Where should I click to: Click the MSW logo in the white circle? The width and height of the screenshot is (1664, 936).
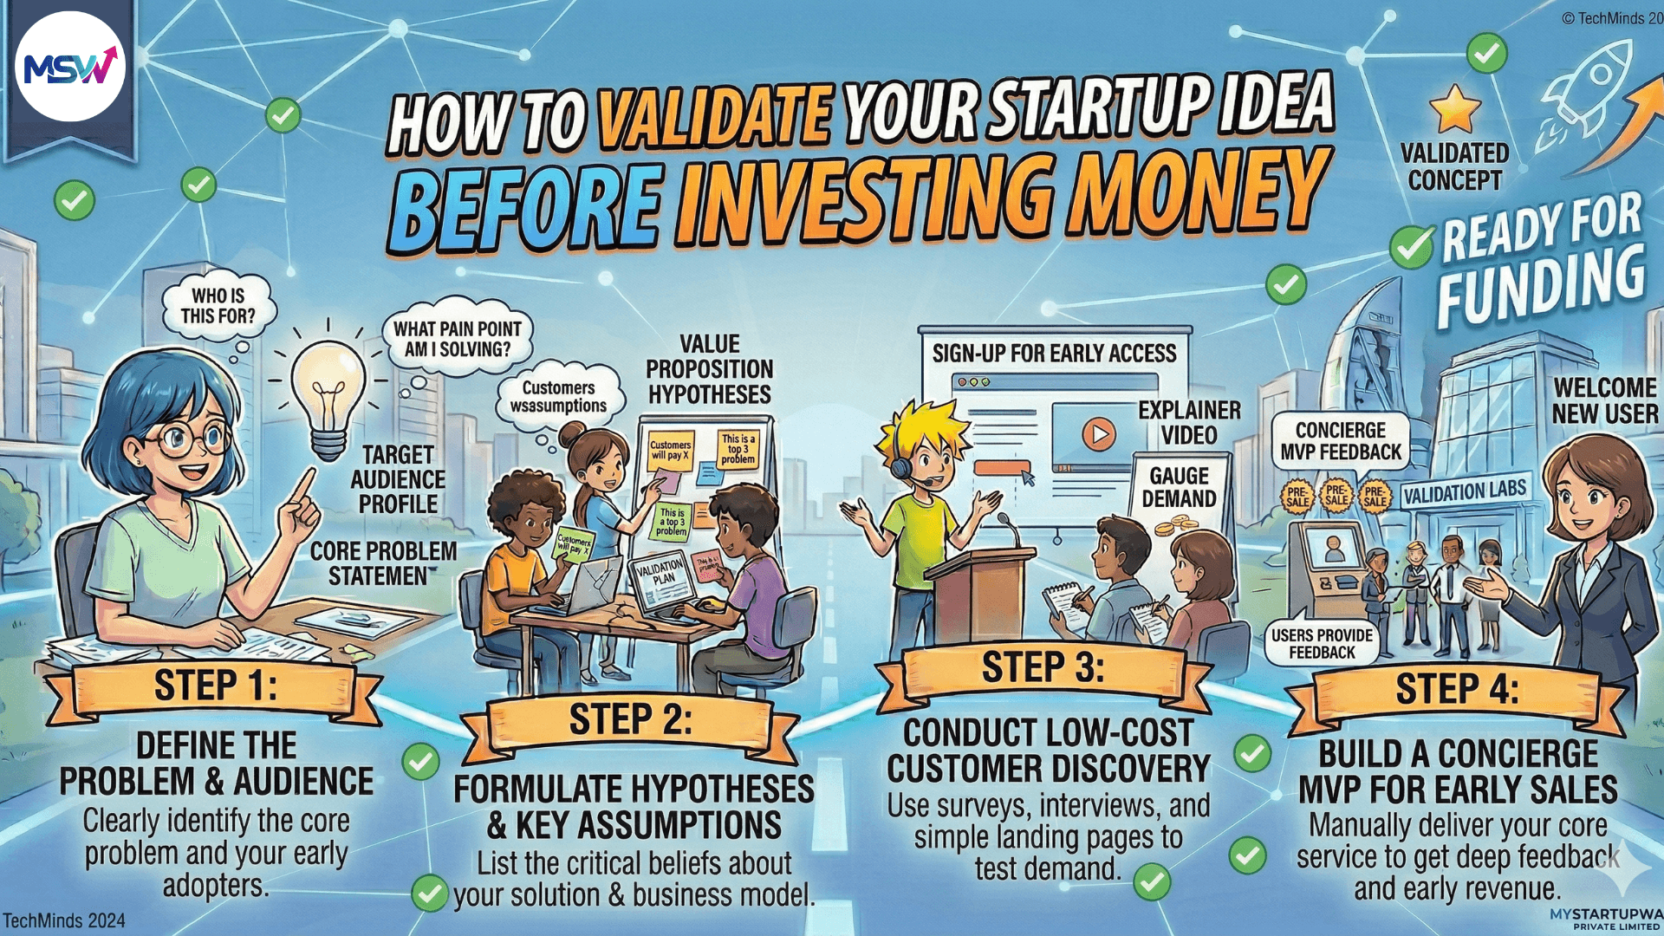pos(70,67)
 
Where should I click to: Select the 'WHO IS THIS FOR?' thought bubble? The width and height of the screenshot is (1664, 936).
pos(218,306)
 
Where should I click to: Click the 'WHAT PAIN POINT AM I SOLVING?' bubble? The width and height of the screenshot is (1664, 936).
pos(457,339)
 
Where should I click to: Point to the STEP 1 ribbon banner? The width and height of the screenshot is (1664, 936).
pos(215,686)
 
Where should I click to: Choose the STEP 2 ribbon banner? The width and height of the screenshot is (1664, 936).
pos(630,720)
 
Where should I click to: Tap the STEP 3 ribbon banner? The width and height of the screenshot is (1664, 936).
pos(1043,668)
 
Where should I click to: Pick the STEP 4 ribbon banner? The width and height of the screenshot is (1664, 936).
pos(1456,690)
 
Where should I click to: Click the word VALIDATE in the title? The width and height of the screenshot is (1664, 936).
pos(713,117)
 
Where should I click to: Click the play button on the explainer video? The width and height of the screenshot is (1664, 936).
pos(1098,433)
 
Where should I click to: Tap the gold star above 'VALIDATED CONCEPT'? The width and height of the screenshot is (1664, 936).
pos(1455,110)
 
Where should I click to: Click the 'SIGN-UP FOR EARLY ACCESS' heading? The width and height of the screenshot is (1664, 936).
pos(1054,353)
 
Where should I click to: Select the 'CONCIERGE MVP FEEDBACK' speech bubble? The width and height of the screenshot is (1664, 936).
pos(1340,441)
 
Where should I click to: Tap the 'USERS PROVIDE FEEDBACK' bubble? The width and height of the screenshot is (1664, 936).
pos(1322,643)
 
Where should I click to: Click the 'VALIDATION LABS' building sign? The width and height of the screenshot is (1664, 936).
pos(1464,492)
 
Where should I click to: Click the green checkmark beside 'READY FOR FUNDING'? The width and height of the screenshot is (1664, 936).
pos(1411,246)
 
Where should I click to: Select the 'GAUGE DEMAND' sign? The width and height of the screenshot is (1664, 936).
pos(1179,487)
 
